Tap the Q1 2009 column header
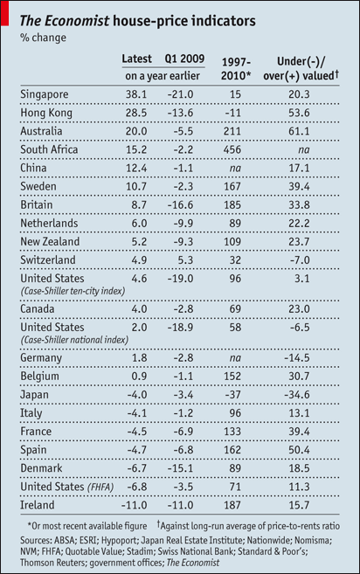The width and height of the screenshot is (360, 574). point(185,59)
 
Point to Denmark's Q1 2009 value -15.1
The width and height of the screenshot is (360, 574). point(186,468)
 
